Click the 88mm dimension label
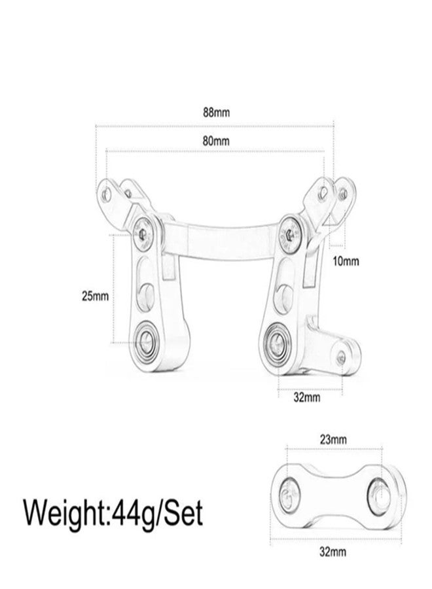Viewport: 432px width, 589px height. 217,113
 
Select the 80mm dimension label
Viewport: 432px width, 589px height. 216,141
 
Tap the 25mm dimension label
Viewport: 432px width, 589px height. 96,296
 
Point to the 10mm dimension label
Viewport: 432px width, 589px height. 346,261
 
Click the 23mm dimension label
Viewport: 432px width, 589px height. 333,439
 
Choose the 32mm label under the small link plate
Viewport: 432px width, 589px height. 333,552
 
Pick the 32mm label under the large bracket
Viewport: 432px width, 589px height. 307,397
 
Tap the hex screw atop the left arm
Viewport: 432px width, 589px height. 143,234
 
